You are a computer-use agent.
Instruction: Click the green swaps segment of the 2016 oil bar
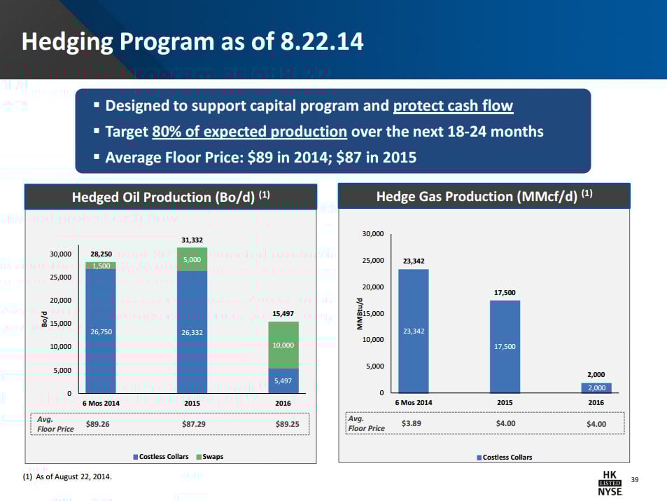[x=283, y=345]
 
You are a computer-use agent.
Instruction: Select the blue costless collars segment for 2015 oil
[x=192, y=331]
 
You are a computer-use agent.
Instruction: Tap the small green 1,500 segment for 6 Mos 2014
[x=100, y=266]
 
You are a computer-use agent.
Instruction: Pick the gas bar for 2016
[x=596, y=387]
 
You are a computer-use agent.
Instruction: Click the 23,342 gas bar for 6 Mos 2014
[x=413, y=331]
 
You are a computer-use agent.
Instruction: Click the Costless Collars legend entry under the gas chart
[x=504, y=457]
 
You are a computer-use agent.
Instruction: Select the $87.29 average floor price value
[x=192, y=424]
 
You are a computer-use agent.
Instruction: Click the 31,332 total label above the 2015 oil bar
[x=192, y=240]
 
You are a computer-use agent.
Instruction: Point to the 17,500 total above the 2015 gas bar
[x=504, y=293]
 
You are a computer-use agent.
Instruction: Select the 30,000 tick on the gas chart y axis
[x=373, y=234]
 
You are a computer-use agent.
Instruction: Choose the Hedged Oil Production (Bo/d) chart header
[x=171, y=196]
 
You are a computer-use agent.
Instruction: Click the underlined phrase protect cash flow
[x=453, y=107]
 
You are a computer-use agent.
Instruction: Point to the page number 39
[x=636, y=479]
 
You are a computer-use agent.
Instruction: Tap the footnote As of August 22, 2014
[x=67, y=476]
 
